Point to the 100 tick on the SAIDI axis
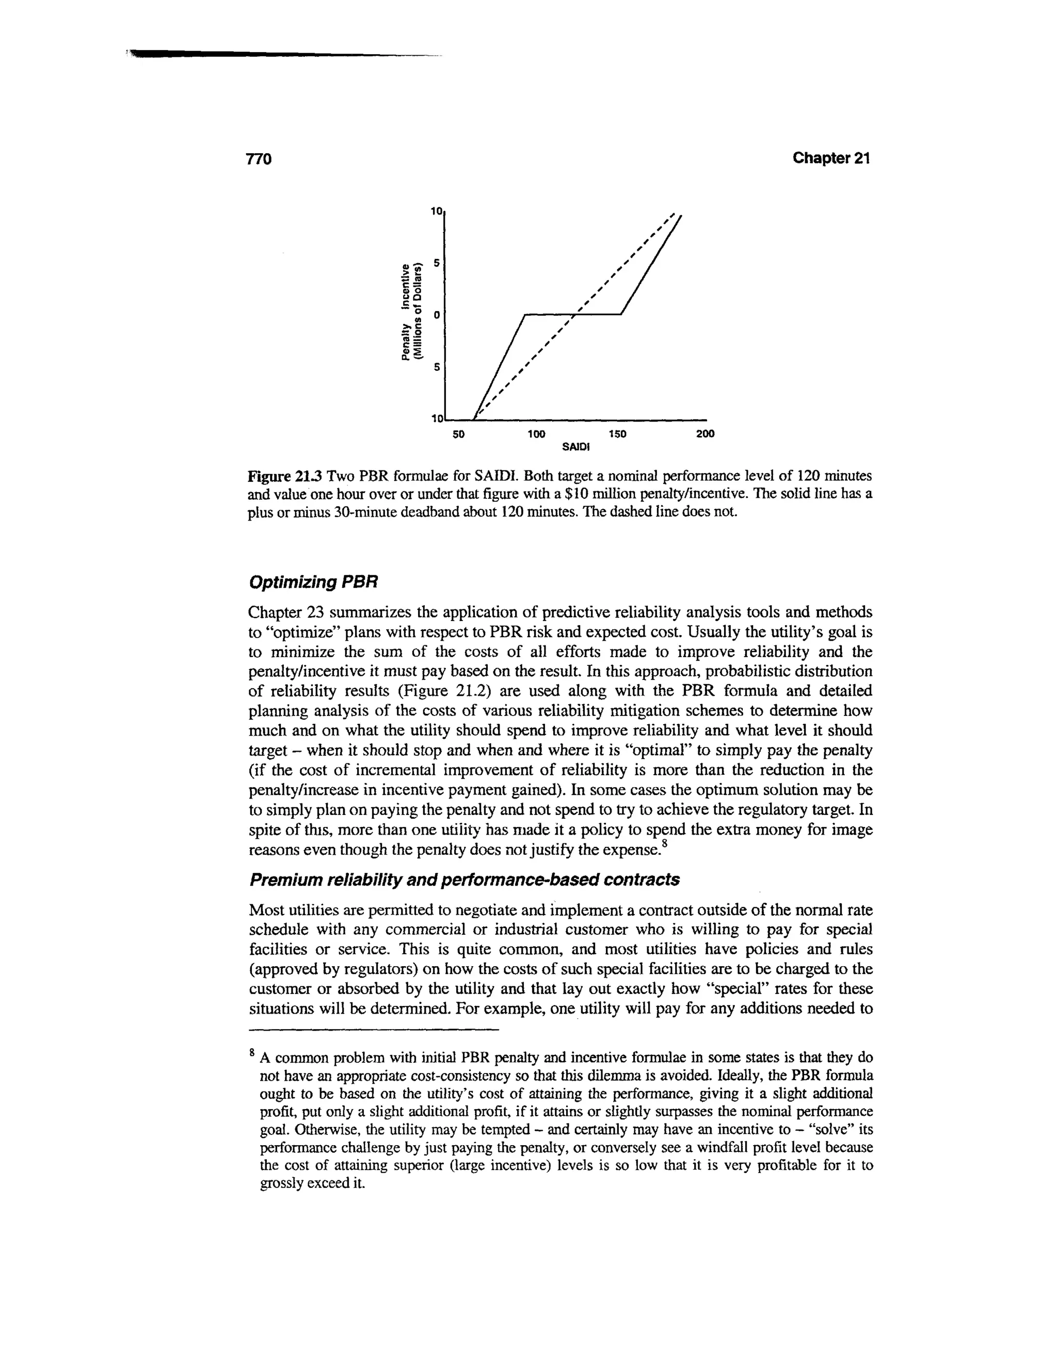[x=536, y=434]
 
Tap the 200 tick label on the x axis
[x=705, y=434]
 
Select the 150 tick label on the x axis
[x=617, y=434]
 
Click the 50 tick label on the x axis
[x=458, y=434]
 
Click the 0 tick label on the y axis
[x=436, y=314]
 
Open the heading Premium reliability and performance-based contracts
[x=464, y=880]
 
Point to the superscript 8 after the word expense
[x=665, y=845]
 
